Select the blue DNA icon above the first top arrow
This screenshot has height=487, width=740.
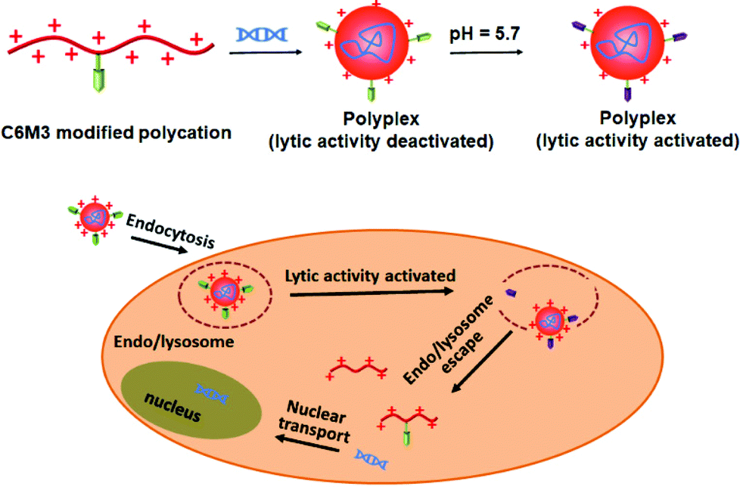pyautogui.click(x=262, y=34)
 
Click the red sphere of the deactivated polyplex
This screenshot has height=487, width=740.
pyautogui.click(x=370, y=44)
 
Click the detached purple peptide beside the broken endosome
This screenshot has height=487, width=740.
pyautogui.click(x=509, y=292)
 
